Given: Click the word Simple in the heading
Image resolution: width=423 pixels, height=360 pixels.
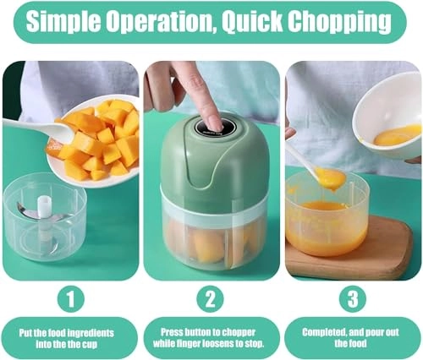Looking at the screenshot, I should (x=63, y=22).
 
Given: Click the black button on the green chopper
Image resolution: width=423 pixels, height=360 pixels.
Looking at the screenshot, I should (x=211, y=124).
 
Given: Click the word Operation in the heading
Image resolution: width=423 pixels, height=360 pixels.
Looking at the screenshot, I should (x=162, y=22).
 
